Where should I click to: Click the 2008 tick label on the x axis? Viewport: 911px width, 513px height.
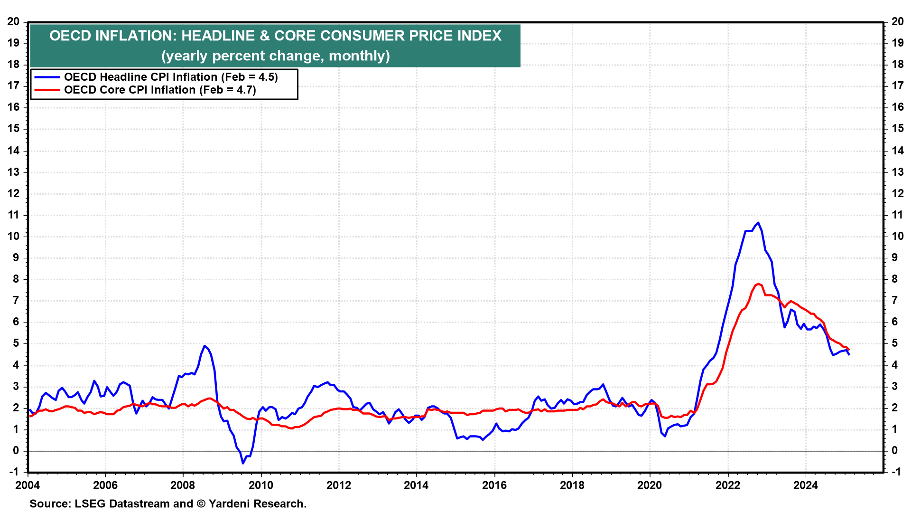pyautogui.click(x=183, y=485)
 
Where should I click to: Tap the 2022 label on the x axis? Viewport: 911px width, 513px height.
pyautogui.click(x=727, y=485)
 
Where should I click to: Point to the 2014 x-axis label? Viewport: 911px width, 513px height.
pyautogui.click(x=416, y=485)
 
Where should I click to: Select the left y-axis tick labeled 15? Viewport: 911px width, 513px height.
pyautogui.click(x=13, y=129)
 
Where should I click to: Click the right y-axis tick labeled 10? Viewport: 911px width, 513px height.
pyautogui.click(x=897, y=237)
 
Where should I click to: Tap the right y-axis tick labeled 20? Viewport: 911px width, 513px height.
pyautogui.click(x=897, y=21)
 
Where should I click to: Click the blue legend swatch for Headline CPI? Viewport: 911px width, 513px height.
pyautogui.click(x=46, y=77)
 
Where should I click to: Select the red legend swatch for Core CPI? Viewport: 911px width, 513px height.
pyautogui.click(x=46, y=90)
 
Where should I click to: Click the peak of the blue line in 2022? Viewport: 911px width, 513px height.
pyautogui.click(x=758, y=223)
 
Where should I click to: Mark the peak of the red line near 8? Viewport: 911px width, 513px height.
pyautogui.click(x=758, y=284)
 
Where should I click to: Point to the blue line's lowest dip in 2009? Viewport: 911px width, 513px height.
pyautogui.click(x=243, y=463)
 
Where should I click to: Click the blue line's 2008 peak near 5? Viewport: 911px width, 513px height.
pyautogui.click(x=204, y=346)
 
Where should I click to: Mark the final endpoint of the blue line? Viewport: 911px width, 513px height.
pyautogui.click(x=849, y=354)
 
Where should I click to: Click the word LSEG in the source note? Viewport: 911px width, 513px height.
pyautogui.click(x=89, y=503)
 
